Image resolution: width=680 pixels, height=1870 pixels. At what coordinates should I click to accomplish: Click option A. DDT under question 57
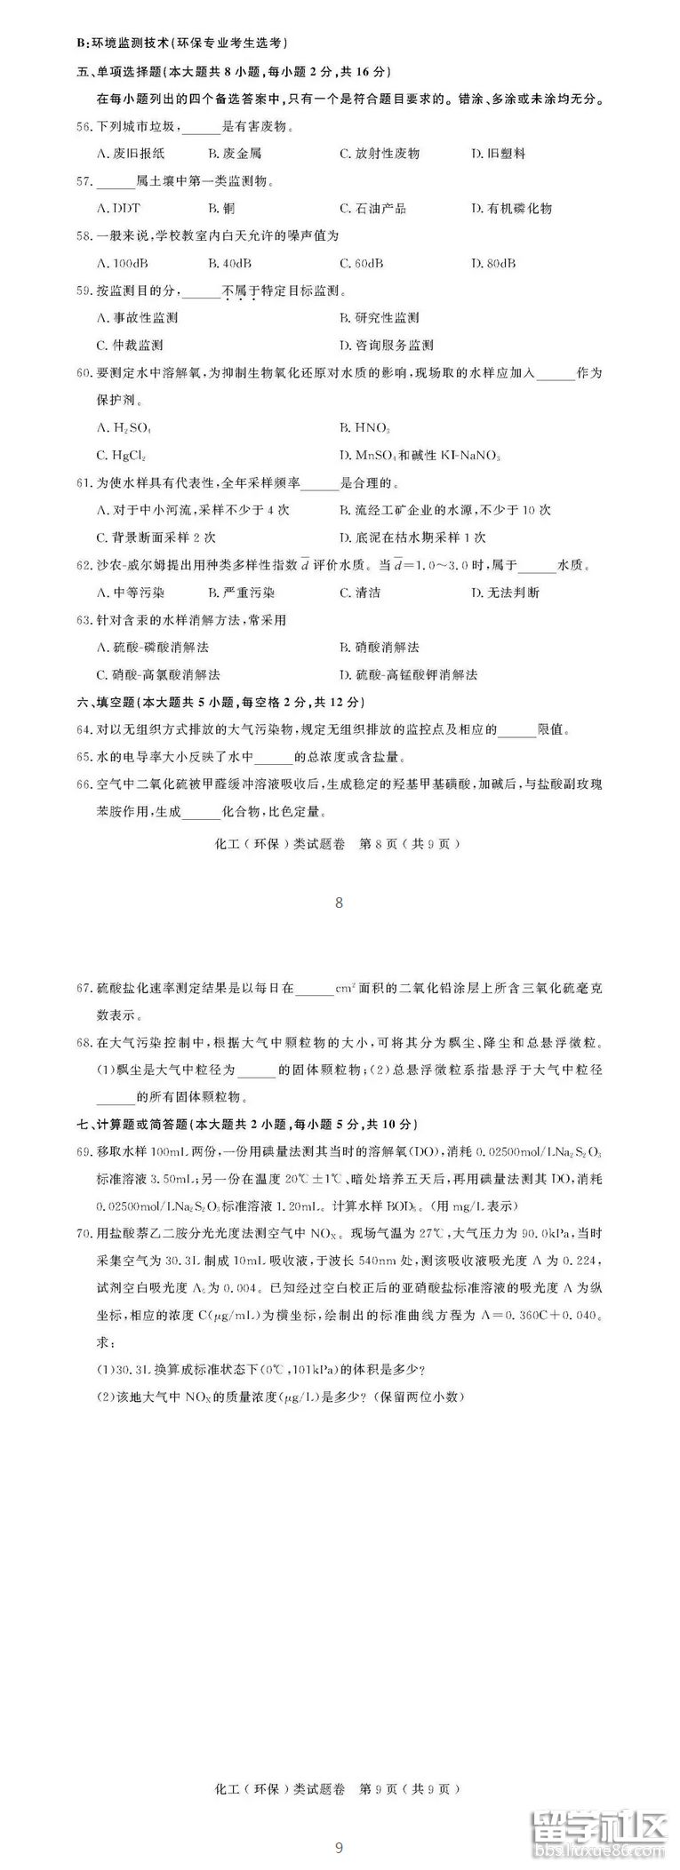tap(117, 209)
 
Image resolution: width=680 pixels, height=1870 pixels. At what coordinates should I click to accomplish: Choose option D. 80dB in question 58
tap(493, 264)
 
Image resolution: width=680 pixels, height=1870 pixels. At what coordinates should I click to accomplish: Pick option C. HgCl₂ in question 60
tap(121, 456)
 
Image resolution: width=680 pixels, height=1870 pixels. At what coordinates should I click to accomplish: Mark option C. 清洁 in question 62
tap(360, 593)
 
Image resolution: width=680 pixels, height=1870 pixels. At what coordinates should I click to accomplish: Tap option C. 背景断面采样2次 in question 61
tap(156, 537)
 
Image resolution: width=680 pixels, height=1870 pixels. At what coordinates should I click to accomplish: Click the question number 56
tap(84, 127)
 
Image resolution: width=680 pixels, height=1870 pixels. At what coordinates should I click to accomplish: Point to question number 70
tap(84, 1232)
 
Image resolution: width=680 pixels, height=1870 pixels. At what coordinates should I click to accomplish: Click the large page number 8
tap(339, 903)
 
